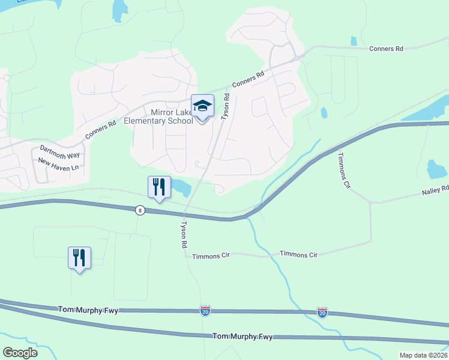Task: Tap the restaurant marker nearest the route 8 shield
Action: tap(157, 187)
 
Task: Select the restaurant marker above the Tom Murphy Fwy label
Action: tap(79, 257)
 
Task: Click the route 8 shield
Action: tap(139, 210)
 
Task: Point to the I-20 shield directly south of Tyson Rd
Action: tap(205, 311)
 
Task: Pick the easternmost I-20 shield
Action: tap(322, 312)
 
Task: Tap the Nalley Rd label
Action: tap(435, 189)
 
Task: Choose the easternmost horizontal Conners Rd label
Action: tap(386, 48)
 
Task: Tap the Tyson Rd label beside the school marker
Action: tap(226, 107)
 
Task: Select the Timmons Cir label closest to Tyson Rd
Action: tap(211, 256)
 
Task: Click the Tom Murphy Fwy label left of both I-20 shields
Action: tap(89, 310)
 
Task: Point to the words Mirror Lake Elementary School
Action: tap(159, 116)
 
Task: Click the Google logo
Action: tap(20, 353)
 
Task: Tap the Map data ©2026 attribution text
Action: tap(423, 355)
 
